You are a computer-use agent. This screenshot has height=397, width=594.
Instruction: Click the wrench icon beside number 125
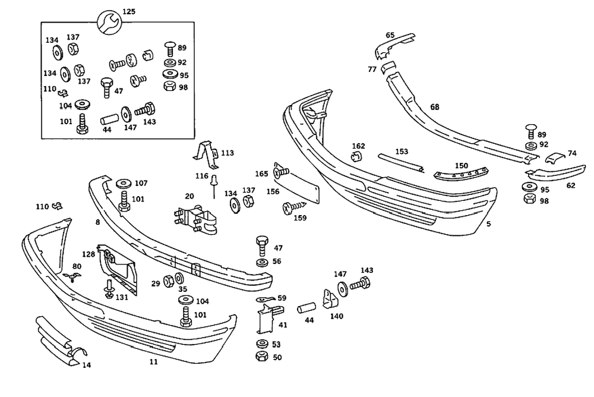click(110, 21)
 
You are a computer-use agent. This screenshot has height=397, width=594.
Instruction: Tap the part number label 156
click(273, 191)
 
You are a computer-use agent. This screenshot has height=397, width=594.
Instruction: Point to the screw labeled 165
click(280, 173)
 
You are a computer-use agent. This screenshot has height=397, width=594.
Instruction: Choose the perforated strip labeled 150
click(460, 174)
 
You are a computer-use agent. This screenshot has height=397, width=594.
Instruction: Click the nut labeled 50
click(260, 357)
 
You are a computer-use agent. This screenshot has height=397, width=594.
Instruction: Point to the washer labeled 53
click(260, 344)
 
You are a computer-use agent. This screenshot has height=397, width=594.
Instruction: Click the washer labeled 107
click(124, 183)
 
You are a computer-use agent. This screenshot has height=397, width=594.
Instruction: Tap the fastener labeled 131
click(109, 291)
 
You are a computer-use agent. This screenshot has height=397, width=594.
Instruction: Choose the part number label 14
click(87, 365)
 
